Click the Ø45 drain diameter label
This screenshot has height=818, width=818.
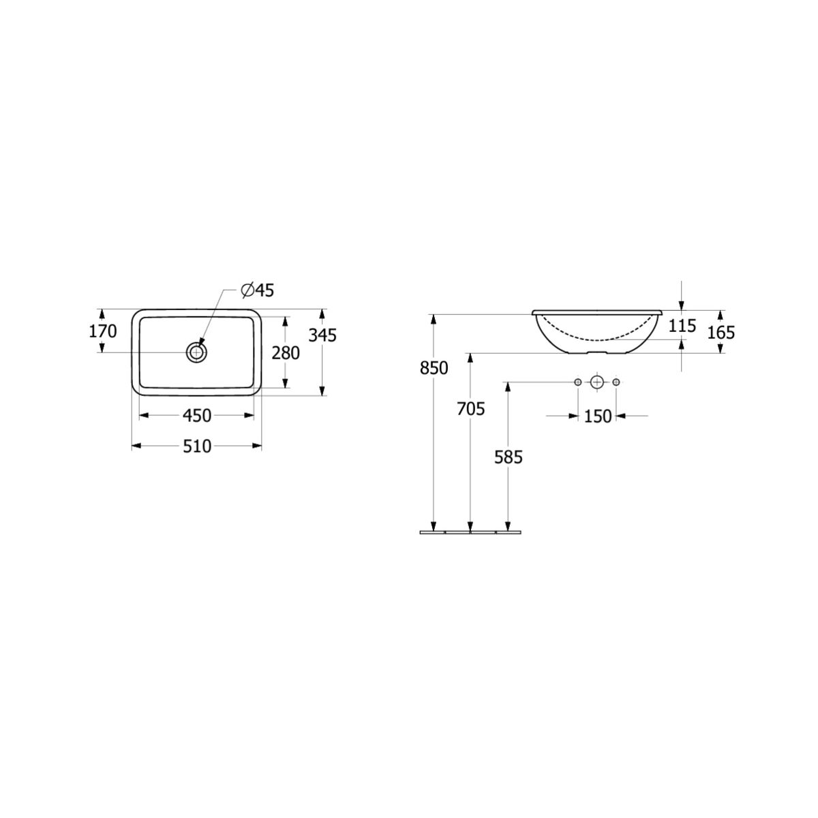[257, 290]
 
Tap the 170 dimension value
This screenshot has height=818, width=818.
[102, 331]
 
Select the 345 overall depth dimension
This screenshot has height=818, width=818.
[322, 335]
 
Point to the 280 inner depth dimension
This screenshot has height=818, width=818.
[285, 352]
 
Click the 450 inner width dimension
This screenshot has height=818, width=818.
[196, 416]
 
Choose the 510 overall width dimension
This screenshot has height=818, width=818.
[196, 446]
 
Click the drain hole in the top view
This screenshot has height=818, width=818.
[196, 352]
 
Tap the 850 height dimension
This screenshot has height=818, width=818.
[434, 368]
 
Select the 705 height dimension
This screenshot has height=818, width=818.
[470, 409]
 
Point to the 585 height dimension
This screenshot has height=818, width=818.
[508, 457]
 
